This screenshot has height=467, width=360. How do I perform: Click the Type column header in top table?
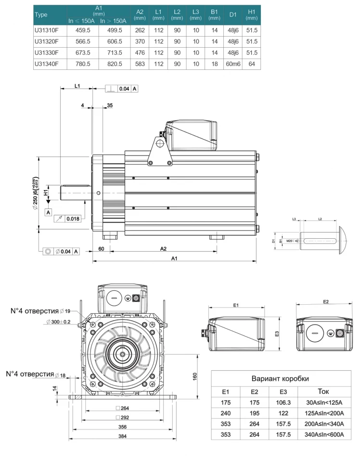[x=42, y=14]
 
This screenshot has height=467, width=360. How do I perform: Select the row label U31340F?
[x=46, y=64]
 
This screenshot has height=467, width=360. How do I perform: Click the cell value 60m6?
[x=233, y=64]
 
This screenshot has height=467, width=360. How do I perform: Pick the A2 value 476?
[x=140, y=52]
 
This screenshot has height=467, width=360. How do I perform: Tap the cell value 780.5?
[x=83, y=64]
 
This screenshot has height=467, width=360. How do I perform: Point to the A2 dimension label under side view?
[x=163, y=248]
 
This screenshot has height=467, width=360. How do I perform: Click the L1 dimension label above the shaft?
[x=77, y=85]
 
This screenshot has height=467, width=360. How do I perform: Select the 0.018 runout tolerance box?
[x=73, y=219]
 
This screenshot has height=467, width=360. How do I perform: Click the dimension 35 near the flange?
[x=110, y=105]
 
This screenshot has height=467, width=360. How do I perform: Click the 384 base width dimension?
[x=124, y=436]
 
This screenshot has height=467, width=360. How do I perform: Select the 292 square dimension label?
[x=123, y=417]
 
